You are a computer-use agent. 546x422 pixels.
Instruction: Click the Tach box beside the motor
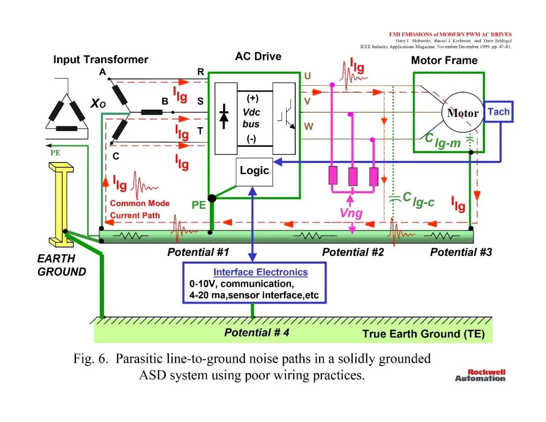498,112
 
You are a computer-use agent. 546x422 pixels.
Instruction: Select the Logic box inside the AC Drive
254,172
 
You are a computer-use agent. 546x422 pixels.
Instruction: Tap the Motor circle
463,113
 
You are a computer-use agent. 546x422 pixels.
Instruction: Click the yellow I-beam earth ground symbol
61,204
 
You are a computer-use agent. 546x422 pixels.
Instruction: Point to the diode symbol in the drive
224,116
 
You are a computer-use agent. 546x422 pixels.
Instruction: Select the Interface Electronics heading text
260,272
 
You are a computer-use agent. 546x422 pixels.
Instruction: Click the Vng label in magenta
351,213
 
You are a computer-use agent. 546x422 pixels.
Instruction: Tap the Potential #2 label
353,252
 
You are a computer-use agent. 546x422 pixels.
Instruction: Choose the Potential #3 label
461,252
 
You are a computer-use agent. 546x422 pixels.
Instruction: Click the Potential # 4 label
257,332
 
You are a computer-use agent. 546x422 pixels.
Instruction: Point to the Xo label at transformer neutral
98,103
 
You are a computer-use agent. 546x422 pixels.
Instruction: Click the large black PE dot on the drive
212,199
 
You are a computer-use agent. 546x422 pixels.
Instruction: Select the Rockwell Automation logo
480,375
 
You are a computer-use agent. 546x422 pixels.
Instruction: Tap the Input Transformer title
101,60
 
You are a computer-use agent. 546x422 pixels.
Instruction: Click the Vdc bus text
251,118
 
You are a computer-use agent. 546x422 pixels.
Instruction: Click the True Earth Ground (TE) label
424,334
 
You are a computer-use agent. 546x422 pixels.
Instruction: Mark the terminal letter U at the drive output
307,76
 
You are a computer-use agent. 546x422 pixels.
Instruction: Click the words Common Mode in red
140,203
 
